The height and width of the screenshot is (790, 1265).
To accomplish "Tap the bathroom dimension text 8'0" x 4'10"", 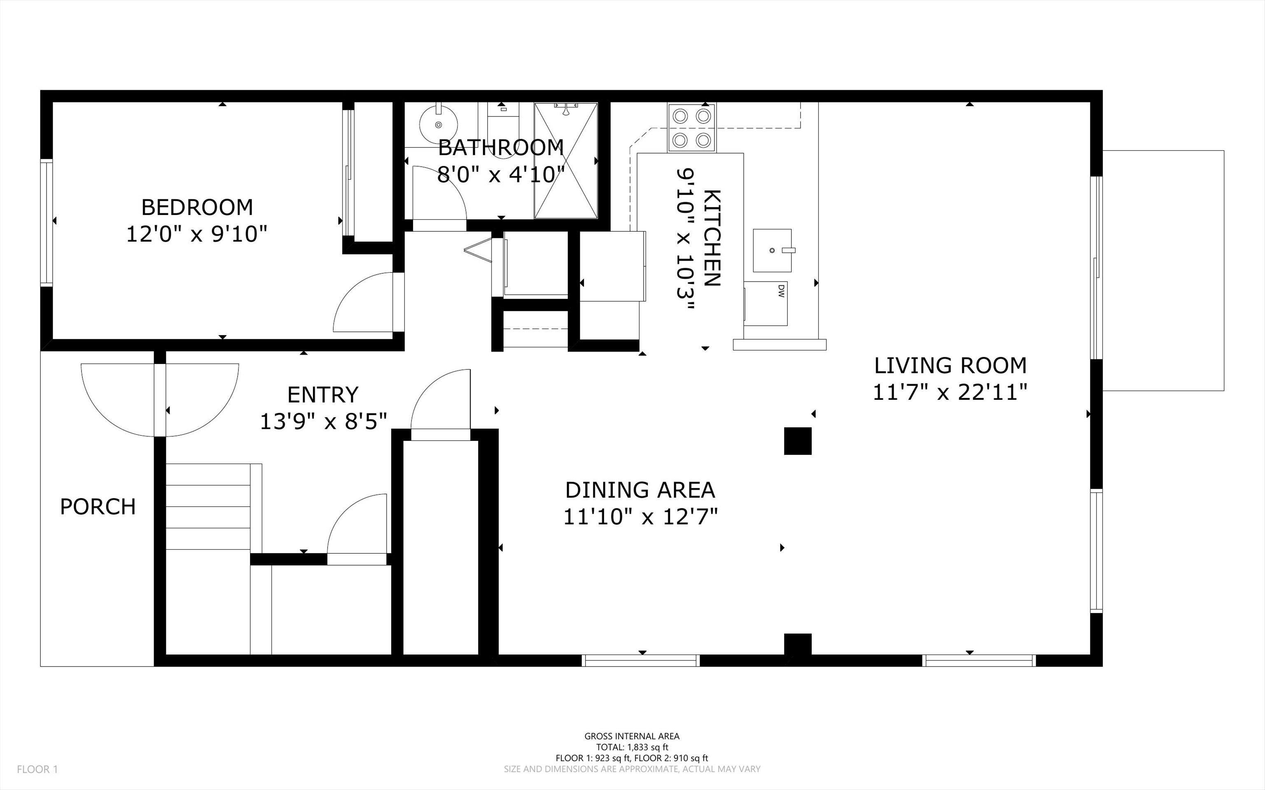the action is [x=501, y=175].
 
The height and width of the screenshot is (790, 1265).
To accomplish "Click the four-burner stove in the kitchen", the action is [x=691, y=128].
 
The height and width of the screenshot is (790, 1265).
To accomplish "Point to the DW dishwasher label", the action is [x=781, y=291].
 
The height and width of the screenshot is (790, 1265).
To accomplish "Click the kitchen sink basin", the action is [x=772, y=250].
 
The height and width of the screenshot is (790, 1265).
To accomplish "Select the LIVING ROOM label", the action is [x=950, y=365].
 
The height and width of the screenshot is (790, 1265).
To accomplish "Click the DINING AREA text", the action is [x=640, y=490].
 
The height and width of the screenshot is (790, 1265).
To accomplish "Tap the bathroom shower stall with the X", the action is [x=565, y=161].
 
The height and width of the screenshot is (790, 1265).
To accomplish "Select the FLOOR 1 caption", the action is [x=37, y=769].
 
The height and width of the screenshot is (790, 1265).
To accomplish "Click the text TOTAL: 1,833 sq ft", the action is [x=632, y=747].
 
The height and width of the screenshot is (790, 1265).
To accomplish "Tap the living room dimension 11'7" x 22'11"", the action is [x=950, y=392].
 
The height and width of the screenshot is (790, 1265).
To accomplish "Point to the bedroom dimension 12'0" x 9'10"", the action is [x=197, y=234].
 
